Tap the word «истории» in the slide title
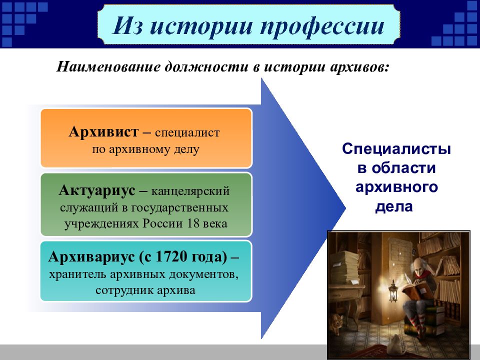[x=201, y=25]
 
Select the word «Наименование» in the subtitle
[x=108, y=66]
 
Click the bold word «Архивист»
[x=103, y=132]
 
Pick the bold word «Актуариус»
[x=96, y=190]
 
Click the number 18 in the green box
[x=193, y=223]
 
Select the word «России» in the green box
[x=163, y=223]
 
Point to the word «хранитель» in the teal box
[x=77, y=274]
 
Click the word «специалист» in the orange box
[x=187, y=133]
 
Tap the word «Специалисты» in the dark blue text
[x=396, y=149]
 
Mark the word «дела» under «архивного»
[x=394, y=206]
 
